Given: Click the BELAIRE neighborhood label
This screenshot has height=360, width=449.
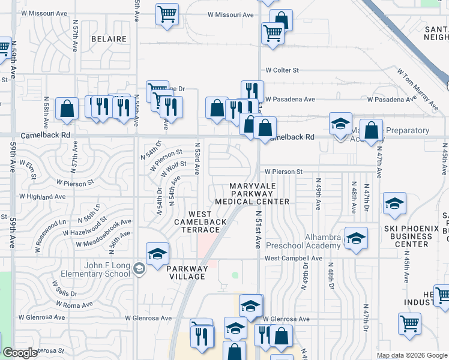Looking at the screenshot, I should pos(109,39).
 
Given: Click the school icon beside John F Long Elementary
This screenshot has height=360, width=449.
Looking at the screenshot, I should pos(139,268).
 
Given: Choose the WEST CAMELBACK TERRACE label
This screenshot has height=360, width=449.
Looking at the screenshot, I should pos(200,222).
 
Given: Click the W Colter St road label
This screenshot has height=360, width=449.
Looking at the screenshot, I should pos(282,70).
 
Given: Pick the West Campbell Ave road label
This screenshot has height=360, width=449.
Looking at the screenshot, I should pos(294,259).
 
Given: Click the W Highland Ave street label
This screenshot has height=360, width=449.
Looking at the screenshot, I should pos(42,196).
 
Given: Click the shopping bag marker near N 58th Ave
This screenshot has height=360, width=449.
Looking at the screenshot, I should pos(67,109).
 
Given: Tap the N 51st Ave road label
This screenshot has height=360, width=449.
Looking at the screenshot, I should pos(259,229).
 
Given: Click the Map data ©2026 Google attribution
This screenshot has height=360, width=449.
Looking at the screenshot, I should pos(411,355).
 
